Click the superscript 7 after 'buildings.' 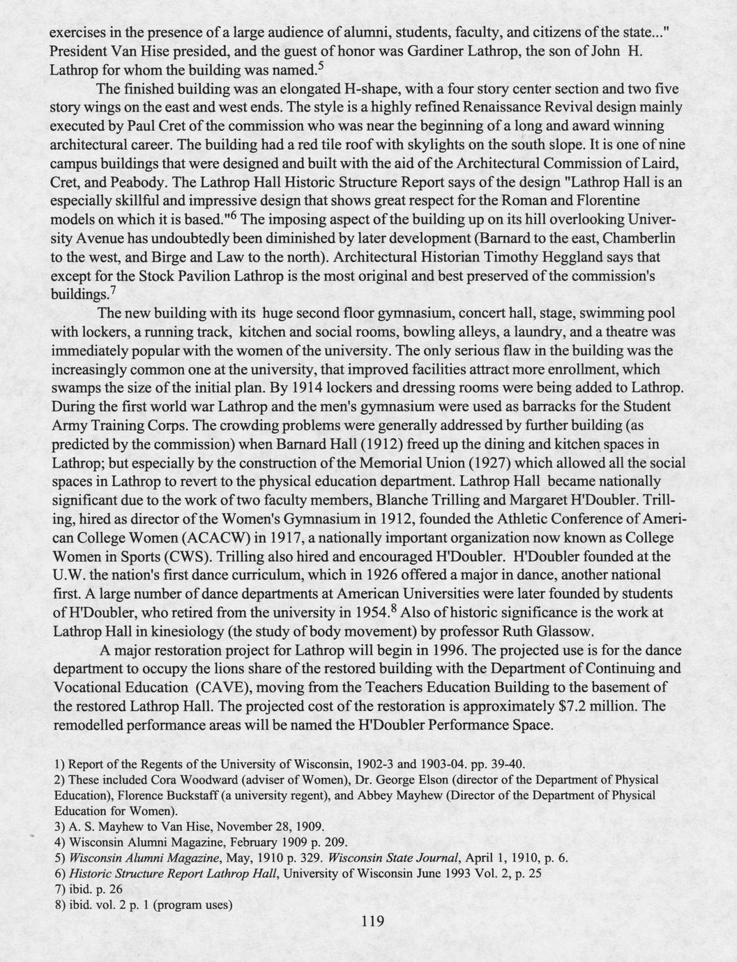coord(112,289)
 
